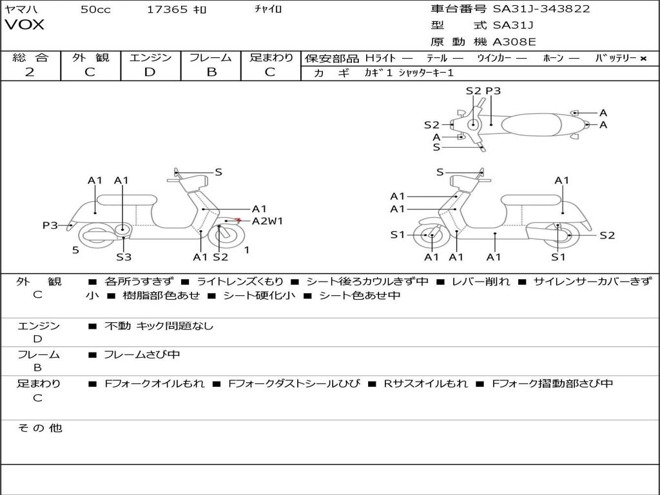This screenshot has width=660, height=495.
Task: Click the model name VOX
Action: (24, 25)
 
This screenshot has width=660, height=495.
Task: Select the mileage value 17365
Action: (167, 9)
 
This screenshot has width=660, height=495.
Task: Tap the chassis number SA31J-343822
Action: (541, 9)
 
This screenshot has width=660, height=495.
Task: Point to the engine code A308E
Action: (514, 43)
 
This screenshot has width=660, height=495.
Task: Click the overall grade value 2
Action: (30, 72)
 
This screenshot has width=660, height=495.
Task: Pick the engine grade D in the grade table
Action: (150, 72)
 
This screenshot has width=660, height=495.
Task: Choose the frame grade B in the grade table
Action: (211, 72)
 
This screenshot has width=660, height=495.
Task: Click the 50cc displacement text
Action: (95, 9)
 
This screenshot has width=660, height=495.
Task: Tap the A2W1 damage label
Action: (267, 221)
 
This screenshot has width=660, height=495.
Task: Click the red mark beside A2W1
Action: (238, 220)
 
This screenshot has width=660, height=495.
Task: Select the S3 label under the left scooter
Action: (124, 257)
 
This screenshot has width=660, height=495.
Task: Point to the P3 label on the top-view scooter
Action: (493, 91)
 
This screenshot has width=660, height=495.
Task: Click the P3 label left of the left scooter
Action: (50, 225)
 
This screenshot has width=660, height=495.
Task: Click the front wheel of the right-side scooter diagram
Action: (430, 236)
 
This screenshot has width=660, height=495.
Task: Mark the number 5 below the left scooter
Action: (75, 250)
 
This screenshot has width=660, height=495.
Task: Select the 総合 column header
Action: (30, 57)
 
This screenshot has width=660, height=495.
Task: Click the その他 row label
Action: (39, 428)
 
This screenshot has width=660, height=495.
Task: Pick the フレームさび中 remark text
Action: (142, 354)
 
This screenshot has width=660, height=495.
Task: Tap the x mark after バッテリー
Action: (643, 58)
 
